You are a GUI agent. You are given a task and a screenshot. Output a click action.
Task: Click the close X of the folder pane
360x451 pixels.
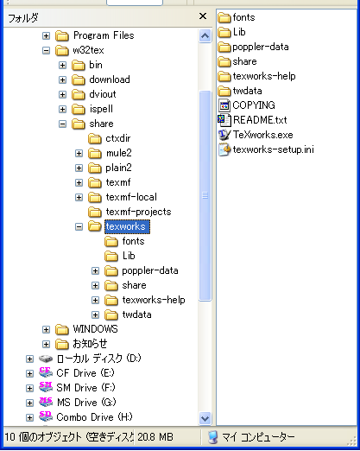pyautogui.click(x=203, y=16)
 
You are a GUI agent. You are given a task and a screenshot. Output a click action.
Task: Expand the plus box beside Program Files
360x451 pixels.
pyautogui.click(x=46, y=35)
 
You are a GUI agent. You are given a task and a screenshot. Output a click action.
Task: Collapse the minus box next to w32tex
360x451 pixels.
pyautogui.click(x=46, y=51)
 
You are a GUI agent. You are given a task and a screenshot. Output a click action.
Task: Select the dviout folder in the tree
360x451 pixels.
pyautogui.click(x=103, y=94)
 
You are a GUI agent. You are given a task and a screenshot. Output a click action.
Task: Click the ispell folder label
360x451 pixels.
pyautogui.click(x=101, y=109)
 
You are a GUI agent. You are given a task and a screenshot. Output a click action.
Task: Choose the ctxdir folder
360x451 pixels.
pyautogui.click(x=118, y=138)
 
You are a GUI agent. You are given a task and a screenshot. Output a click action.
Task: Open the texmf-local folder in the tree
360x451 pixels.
pyautogui.click(x=131, y=197)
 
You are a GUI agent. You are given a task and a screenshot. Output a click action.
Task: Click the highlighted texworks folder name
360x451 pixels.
pyautogui.click(x=126, y=226)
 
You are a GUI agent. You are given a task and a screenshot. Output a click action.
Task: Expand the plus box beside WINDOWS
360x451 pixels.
pyautogui.click(x=46, y=329)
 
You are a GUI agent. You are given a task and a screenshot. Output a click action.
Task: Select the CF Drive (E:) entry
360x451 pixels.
pyautogui.click(x=85, y=373)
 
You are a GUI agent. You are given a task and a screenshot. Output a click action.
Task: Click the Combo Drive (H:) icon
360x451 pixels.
pyautogui.click(x=46, y=416)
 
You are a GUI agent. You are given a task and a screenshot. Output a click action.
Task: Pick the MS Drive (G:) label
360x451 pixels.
pyautogui.click(x=86, y=403)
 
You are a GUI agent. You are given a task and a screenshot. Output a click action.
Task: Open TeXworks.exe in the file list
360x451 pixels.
pyautogui.click(x=262, y=135)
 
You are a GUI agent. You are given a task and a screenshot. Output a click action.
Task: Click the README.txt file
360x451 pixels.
pyautogui.click(x=260, y=120)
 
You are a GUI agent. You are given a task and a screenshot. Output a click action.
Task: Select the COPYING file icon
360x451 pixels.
pyautogui.click(x=224, y=105)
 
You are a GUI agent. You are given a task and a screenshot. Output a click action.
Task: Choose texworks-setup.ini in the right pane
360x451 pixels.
pyautogui.click(x=273, y=149)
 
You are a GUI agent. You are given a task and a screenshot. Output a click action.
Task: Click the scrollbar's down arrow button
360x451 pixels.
pyautogui.click(x=205, y=418)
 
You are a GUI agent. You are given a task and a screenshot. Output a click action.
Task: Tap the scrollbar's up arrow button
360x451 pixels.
pyautogui.click(x=205, y=35)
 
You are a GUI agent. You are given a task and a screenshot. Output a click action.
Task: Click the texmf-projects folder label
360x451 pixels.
pyautogui.click(x=138, y=212)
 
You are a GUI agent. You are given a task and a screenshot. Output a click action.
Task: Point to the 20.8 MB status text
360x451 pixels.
pyautogui.click(x=155, y=437)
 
